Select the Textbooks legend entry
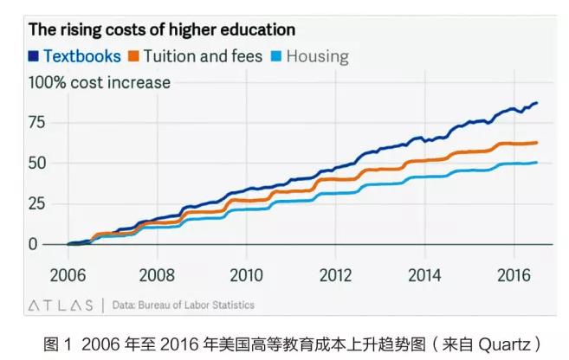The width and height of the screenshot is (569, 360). click(x=81, y=56)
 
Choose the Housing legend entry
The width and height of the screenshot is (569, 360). click(x=317, y=56)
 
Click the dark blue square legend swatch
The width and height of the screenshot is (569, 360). click(x=34, y=57)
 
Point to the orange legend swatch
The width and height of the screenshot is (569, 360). click(x=133, y=57)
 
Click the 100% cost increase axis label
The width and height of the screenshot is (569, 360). click(x=100, y=83)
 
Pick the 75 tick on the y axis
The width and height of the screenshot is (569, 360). click(x=38, y=122)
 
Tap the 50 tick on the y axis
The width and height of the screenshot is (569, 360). click(x=38, y=163)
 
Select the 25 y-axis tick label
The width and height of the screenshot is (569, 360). click(x=38, y=203)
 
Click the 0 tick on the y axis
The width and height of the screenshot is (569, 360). click(x=34, y=244)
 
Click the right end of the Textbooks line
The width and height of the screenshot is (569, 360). click(x=537, y=103)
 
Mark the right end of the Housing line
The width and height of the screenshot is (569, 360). click(x=537, y=162)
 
